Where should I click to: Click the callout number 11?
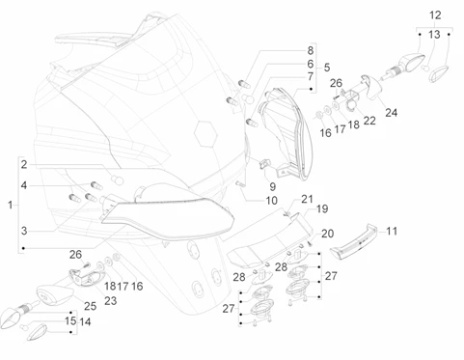(392, 231)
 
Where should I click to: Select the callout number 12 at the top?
(435, 15)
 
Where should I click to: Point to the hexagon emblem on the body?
(205, 134)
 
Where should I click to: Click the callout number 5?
(327, 68)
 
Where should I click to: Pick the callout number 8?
(310, 50)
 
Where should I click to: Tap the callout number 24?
(391, 113)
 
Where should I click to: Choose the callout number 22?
(369, 121)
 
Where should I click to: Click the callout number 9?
(273, 186)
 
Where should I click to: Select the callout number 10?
(271, 201)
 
